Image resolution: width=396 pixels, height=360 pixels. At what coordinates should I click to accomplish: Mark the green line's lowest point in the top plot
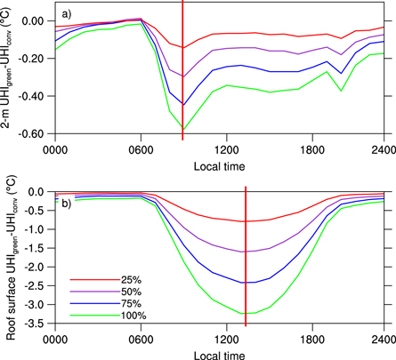pos(183,130)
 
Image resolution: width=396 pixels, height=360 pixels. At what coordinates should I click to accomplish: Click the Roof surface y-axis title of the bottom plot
pos(12,258)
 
